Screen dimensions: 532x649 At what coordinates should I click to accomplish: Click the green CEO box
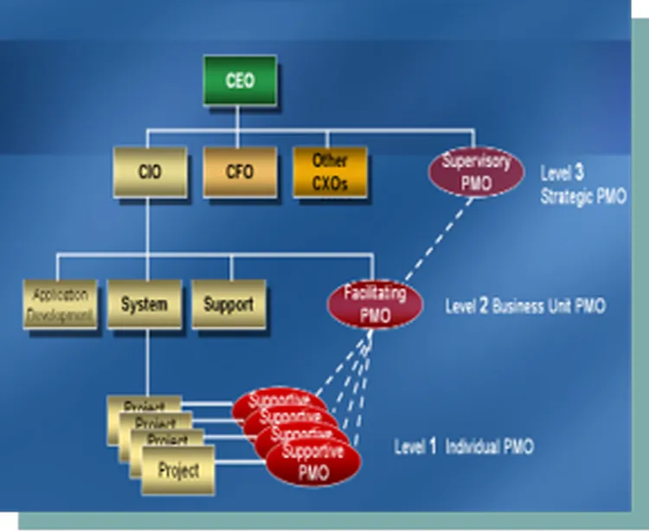click(x=240, y=81)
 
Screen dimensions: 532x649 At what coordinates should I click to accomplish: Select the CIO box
click(x=149, y=171)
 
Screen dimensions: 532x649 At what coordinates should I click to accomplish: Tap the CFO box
click(x=240, y=171)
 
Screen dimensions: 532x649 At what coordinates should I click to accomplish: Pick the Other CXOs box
click(x=330, y=171)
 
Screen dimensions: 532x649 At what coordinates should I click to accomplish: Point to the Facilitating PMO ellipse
click(x=374, y=304)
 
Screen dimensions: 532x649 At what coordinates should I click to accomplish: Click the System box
click(x=145, y=304)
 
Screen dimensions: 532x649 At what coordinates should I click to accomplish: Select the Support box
click(x=228, y=304)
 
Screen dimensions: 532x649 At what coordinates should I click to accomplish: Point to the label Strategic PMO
click(x=583, y=196)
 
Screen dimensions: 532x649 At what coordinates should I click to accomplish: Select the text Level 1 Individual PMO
click(x=464, y=447)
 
